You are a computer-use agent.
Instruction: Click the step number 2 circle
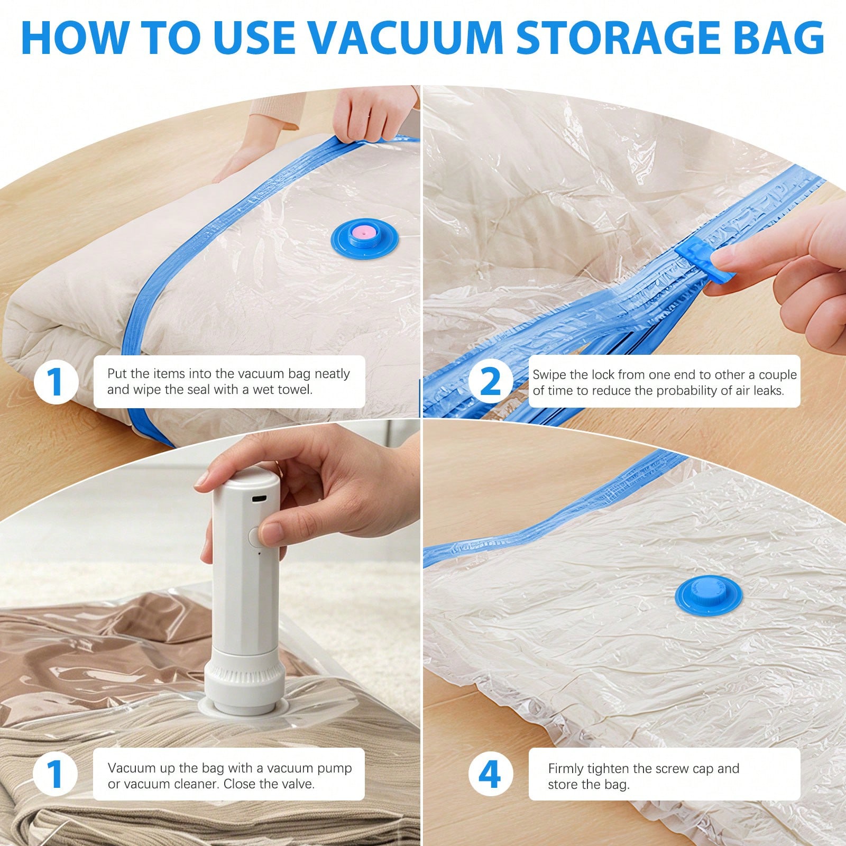491,382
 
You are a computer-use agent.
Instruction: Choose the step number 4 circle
491,775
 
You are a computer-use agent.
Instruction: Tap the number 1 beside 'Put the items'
56,382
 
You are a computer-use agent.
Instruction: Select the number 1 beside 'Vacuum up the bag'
56,775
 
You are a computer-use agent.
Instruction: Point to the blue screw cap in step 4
709,591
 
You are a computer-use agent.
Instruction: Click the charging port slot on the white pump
260,499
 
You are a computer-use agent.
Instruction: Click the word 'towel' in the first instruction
294,390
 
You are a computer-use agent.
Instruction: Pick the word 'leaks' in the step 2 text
766,391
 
